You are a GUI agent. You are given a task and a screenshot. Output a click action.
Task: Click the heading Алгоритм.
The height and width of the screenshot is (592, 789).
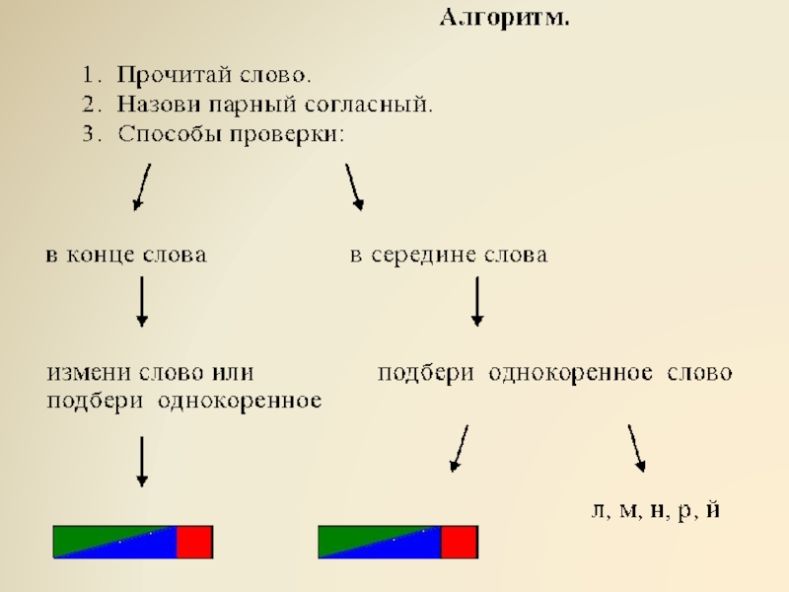(x=504, y=19)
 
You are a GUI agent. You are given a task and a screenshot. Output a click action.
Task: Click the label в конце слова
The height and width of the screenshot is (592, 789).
(x=123, y=256)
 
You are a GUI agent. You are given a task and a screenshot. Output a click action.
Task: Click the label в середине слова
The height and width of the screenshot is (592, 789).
(x=450, y=256)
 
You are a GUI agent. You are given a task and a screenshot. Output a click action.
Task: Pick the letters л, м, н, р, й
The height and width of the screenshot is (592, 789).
(x=656, y=511)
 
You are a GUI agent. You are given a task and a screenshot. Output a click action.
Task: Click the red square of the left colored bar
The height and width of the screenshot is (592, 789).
(x=194, y=542)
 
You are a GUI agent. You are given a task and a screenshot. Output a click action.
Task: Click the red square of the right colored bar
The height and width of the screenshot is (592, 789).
(x=459, y=542)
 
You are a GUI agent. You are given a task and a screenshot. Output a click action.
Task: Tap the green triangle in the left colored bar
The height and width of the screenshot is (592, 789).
(x=94, y=536)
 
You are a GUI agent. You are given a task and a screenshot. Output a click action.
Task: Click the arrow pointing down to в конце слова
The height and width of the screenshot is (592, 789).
(x=142, y=186)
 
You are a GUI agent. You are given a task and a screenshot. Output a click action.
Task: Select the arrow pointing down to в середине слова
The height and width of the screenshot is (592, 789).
(x=354, y=186)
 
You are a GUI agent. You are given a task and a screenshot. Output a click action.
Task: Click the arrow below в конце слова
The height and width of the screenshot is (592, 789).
(x=142, y=301)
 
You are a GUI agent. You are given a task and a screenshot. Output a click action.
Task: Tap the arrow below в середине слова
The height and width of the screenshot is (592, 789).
(x=477, y=301)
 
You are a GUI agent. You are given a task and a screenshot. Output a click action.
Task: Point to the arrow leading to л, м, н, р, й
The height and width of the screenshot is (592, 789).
(x=637, y=447)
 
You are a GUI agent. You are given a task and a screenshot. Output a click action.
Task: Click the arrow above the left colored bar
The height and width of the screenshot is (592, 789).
(x=142, y=462)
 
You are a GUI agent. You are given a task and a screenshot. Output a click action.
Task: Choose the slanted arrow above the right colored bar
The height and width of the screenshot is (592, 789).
(x=460, y=449)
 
